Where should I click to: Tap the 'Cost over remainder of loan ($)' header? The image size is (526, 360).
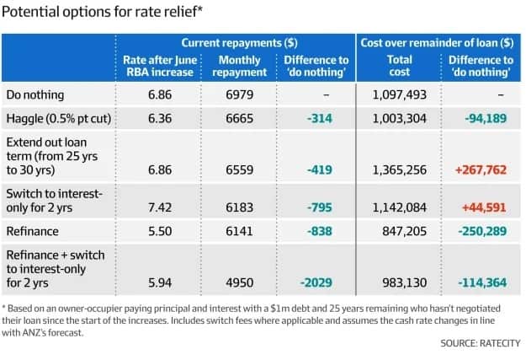[x=437, y=42]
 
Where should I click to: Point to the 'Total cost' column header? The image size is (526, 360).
[x=400, y=66]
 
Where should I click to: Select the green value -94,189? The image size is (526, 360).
[x=481, y=119]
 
